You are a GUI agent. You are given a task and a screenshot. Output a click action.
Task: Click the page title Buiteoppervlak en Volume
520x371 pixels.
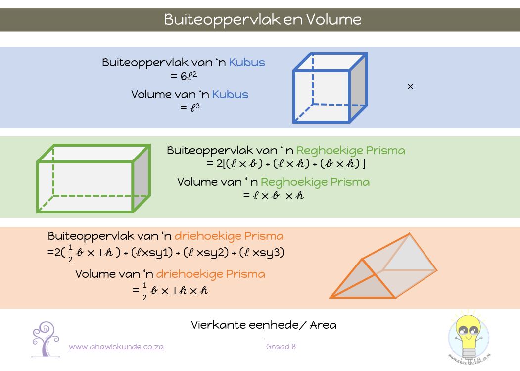click(263, 19)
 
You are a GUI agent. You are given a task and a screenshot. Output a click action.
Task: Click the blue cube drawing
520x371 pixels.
click(330, 88)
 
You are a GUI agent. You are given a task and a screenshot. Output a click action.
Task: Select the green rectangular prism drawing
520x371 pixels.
click(94, 178)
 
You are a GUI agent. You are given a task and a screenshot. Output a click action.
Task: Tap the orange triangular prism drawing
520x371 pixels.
click(383, 267)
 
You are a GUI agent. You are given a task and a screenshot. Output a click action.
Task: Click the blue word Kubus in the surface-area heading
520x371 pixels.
click(246, 63)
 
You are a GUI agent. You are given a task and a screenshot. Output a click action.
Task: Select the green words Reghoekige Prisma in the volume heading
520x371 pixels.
click(315, 182)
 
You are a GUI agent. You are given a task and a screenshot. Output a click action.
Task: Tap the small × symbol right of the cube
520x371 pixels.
click(410, 87)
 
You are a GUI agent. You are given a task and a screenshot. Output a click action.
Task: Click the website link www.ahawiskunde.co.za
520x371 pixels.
click(116, 347)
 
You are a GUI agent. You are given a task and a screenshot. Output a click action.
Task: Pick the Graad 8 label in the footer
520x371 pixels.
click(281, 347)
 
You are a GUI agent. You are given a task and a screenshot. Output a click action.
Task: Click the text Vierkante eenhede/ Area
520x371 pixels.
click(263, 325)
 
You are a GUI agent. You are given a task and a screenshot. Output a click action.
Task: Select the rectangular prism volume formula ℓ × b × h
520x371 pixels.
click(273, 195)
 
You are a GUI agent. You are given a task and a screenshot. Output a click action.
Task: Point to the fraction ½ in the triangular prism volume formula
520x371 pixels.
click(144, 291)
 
